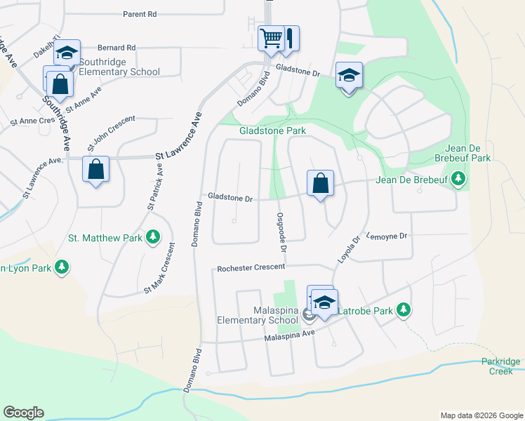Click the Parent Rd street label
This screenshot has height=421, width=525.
pyautogui.click(x=139, y=14)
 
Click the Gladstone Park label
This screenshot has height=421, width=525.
pyautogui.click(x=272, y=131)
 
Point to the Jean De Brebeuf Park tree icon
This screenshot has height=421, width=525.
pyautogui.click(x=459, y=180)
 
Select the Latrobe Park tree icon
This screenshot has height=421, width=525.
pyautogui.click(x=403, y=309)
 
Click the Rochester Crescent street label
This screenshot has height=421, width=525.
pyautogui.click(x=251, y=267)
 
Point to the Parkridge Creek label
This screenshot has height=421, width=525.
pyautogui.click(x=501, y=366)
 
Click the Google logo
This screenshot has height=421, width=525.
pyautogui.click(x=23, y=412)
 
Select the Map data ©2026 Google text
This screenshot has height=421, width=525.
pyautogui.click(x=481, y=415)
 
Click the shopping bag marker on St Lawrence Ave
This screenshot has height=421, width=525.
pyautogui.click(x=95, y=169)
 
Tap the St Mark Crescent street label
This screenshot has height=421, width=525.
pyautogui.click(x=160, y=269)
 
